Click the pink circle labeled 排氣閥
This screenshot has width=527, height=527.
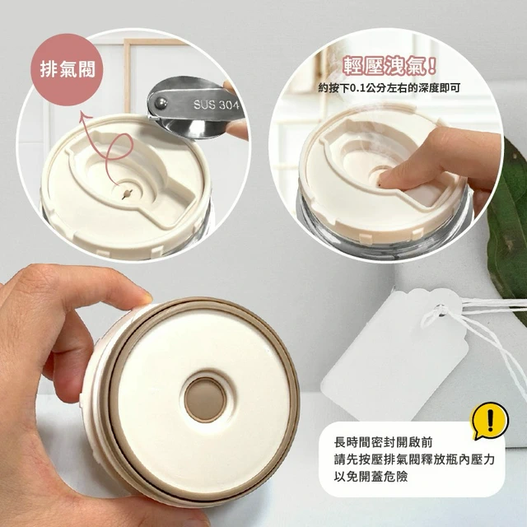click(x=67, y=70)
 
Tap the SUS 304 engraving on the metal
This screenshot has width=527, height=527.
click(x=216, y=105)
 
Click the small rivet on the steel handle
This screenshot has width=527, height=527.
click(x=161, y=102)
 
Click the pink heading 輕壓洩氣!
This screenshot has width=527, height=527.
click(x=389, y=66)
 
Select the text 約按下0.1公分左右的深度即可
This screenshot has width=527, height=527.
click(x=389, y=88)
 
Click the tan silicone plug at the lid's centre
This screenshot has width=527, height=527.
click(x=204, y=399)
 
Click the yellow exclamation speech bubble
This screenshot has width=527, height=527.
click(x=489, y=421)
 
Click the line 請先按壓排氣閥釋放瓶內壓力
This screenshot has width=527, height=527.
click(x=414, y=459)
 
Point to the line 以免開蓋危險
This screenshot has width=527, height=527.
click(x=371, y=477)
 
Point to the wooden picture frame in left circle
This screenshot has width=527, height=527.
click(x=126, y=75)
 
